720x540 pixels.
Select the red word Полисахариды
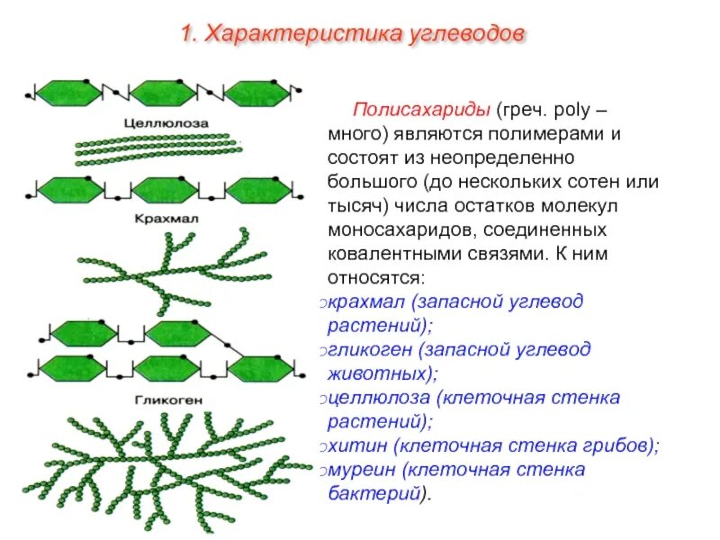point(420,111)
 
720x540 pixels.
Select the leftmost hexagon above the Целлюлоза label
point(67,94)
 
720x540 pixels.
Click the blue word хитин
point(361,444)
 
